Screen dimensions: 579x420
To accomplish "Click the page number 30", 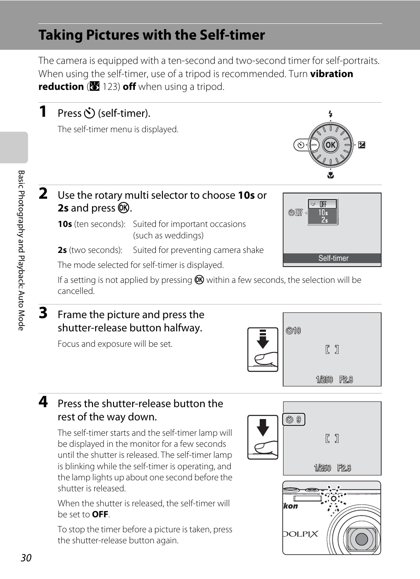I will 26,558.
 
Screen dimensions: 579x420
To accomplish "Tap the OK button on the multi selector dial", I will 330,145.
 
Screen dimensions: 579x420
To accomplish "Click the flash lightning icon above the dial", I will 331,115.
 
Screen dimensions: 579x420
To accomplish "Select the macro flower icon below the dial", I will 331,175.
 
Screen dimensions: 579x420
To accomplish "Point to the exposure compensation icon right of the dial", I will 361,145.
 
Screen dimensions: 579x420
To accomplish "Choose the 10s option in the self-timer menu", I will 323,212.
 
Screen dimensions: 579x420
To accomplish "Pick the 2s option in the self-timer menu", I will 324,220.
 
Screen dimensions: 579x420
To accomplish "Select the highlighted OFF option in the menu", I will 323,204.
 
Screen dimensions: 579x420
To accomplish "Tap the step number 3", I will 43,313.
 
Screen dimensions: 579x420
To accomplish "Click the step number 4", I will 43,402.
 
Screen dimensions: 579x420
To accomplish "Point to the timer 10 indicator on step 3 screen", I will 293,330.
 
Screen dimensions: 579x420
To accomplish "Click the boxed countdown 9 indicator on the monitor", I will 294,419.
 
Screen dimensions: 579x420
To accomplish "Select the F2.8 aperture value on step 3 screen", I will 346,379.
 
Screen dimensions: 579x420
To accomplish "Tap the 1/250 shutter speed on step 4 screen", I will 322,468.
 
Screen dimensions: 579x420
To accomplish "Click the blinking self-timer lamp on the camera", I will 334,498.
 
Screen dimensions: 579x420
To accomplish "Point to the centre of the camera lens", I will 361,538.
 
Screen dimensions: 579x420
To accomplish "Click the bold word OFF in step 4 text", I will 100,515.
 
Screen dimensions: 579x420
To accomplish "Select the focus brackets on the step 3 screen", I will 332,349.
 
